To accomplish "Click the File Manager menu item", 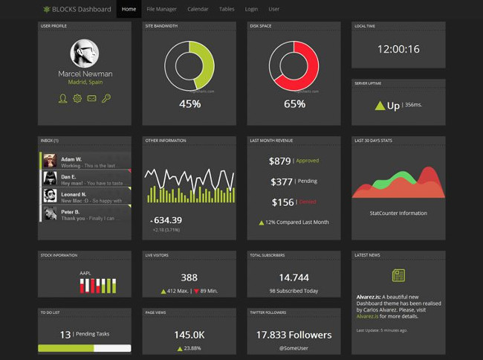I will pyautogui.click(x=161, y=10).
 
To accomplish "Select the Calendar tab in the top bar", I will pyautogui.click(x=198, y=10).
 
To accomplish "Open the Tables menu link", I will pyautogui.click(x=227, y=10).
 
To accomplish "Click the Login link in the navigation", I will pyautogui.click(x=251, y=10).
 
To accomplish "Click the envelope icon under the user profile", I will pyautogui.click(x=92, y=98).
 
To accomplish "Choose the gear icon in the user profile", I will pyautogui.click(x=77, y=98).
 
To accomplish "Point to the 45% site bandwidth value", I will pyautogui.click(x=189, y=104).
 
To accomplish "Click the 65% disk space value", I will pyautogui.click(x=294, y=104).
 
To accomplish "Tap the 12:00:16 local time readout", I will pyautogui.click(x=398, y=50).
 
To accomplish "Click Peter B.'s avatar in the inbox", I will pyautogui.click(x=50, y=213).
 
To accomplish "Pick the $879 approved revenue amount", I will pyautogui.click(x=279, y=161).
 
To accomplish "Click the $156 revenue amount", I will pyautogui.click(x=282, y=202).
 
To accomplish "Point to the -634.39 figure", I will pyautogui.click(x=166, y=220).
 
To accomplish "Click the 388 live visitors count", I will pyautogui.click(x=189, y=277).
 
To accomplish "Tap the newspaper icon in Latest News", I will pyautogui.click(x=398, y=276).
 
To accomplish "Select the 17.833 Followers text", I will pyautogui.click(x=294, y=335).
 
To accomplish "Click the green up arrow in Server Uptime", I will pyautogui.click(x=380, y=106).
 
